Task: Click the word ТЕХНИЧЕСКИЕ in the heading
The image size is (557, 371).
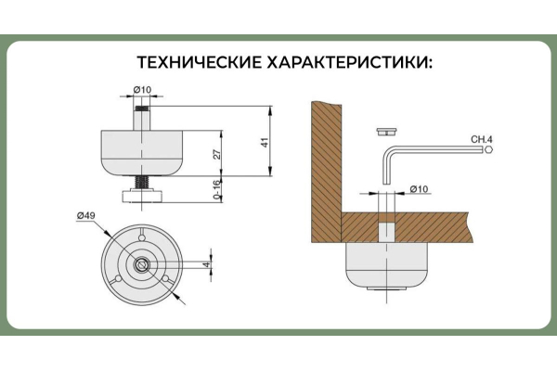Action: [x=199, y=62]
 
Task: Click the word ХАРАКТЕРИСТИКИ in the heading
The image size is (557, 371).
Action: [x=349, y=62]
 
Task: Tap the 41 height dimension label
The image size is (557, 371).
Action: [x=265, y=142]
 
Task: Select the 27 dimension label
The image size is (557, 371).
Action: [x=216, y=154]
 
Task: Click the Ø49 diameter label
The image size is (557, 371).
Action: [x=85, y=215]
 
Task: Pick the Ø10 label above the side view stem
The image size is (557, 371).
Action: [x=142, y=90]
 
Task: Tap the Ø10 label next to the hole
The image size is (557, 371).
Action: [x=420, y=189]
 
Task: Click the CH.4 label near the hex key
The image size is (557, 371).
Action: [x=482, y=139]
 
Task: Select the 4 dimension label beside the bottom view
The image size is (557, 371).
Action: [x=207, y=264]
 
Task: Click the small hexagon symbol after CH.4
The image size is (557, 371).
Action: [x=489, y=150]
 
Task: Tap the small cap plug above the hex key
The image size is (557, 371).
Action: [x=386, y=132]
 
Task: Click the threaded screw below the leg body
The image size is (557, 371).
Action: [x=142, y=184]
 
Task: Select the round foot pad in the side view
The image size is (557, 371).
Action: [x=142, y=197]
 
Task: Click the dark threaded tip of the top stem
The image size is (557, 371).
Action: [x=142, y=108]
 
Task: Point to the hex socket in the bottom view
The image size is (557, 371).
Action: [x=142, y=264]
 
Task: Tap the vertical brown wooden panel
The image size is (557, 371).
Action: [x=327, y=173]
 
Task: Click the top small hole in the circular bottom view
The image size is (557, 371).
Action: [x=142, y=237]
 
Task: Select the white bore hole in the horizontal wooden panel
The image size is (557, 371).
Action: [x=386, y=232]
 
